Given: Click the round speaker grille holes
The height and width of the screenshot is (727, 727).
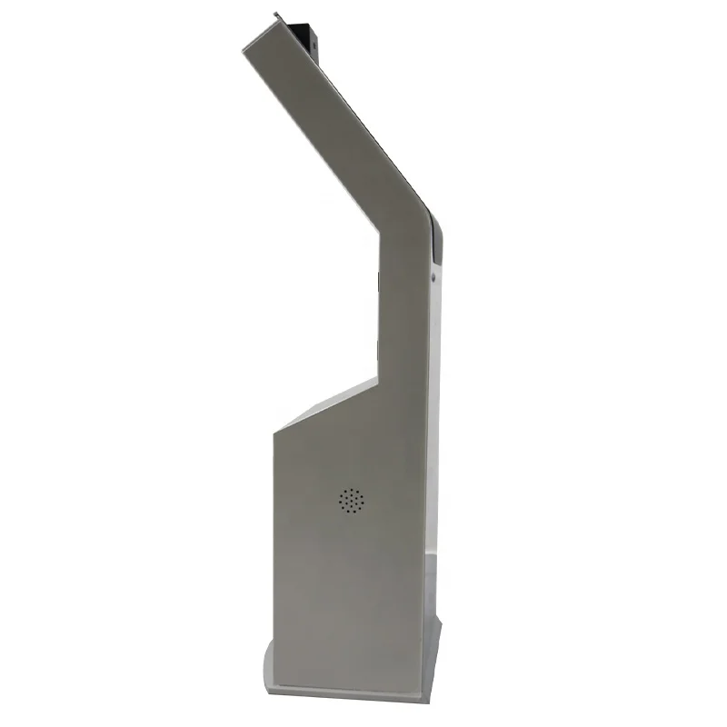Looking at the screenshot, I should (x=351, y=500).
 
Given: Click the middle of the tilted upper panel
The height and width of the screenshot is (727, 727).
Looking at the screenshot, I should (x=327, y=127).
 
